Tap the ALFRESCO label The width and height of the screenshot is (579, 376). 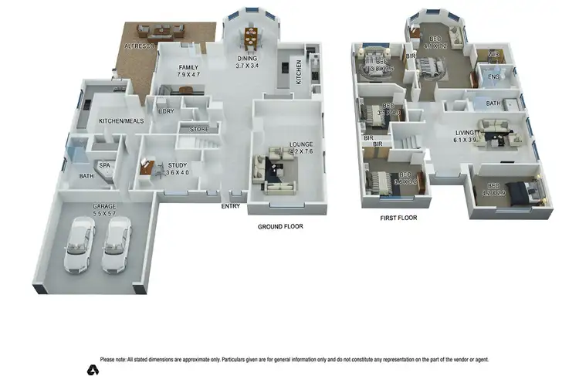141,47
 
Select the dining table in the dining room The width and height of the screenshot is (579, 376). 251,36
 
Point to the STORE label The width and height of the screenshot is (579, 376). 199,130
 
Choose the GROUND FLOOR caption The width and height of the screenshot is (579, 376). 279,227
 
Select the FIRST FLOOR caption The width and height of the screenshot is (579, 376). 398,218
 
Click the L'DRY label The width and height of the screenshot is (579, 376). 166,112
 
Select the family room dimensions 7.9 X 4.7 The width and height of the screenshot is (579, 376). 189,76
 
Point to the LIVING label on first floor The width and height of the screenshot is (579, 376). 466,134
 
